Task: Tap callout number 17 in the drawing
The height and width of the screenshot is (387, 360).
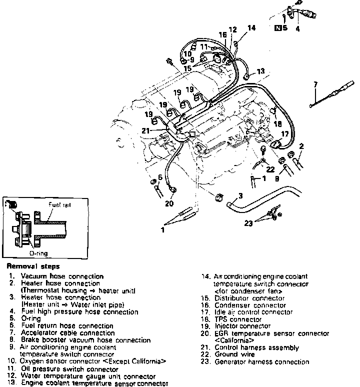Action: (x=284, y=133)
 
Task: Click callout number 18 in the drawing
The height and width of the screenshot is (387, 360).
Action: (x=277, y=123)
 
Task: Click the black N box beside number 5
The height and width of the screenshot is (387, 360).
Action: (x=278, y=28)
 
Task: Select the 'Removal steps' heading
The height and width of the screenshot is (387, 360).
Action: (x=33, y=266)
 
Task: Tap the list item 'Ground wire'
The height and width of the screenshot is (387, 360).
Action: (x=233, y=354)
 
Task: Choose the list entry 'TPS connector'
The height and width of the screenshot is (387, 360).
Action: (x=237, y=319)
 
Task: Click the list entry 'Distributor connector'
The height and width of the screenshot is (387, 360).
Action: (x=249, y=298)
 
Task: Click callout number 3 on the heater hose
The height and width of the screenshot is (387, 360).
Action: (x=240, y=195)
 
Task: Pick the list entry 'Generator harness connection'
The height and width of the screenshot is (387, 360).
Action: (x=261, y=362)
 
